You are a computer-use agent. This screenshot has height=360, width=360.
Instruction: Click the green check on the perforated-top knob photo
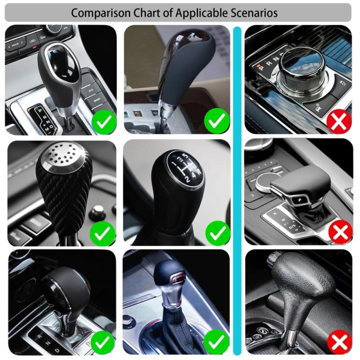103,233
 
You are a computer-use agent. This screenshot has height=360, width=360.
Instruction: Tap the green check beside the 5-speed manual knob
218,233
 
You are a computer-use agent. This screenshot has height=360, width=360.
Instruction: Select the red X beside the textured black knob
339,343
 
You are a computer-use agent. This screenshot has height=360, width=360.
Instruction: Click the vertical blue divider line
237,189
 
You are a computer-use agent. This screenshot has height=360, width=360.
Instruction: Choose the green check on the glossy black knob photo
104,121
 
